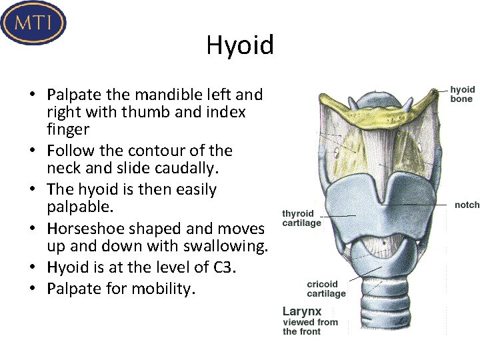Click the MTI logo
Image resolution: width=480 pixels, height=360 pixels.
tap(33, 23)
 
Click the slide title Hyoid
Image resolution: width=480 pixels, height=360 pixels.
tap(240, 45)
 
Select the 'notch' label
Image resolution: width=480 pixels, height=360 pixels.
tap(467, 205)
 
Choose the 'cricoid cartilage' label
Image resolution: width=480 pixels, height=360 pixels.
tap(326, 289)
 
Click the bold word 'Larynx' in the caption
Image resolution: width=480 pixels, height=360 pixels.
tap(302, 311)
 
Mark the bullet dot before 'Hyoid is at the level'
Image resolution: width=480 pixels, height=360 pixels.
tap(37, 267)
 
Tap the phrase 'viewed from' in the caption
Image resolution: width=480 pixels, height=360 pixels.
tap(311, 322)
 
